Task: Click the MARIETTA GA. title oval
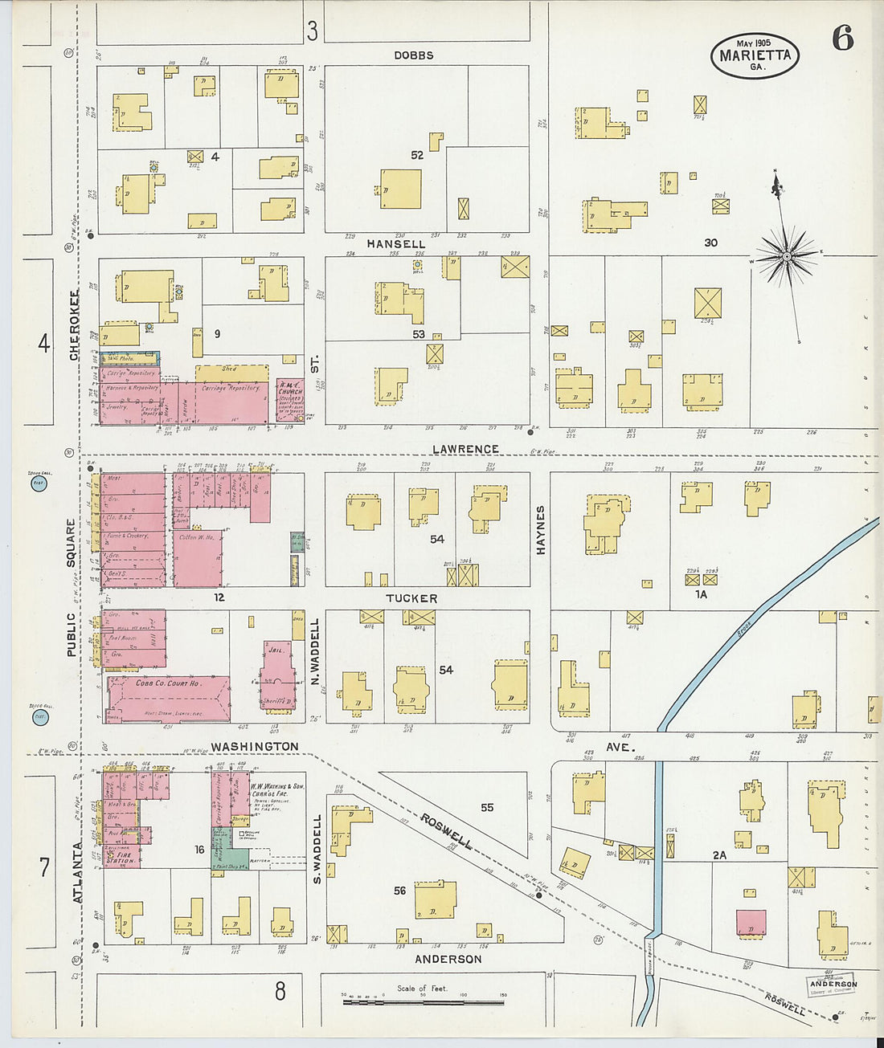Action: (x=755, y=55)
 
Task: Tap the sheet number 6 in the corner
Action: (x=842, y=38)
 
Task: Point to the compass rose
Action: (x=787, y=256)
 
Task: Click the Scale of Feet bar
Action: (x=423, y=1002)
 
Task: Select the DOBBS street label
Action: (x=414, y=55)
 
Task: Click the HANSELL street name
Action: (x=396, y=243)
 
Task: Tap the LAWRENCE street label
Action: (x=465, y=449)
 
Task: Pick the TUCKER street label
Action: (x=411, y=598)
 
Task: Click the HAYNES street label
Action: (x=541, y=529)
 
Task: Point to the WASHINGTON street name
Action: (x=255, y=746)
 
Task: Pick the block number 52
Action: (x=416, y=155)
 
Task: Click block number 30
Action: (x=710, y=243)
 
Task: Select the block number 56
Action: (x=399, y=891)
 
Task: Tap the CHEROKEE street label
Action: (x=74, y=324)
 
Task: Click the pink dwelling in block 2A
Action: (x=751, y=923)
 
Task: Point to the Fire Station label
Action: (x=121, y=858)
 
